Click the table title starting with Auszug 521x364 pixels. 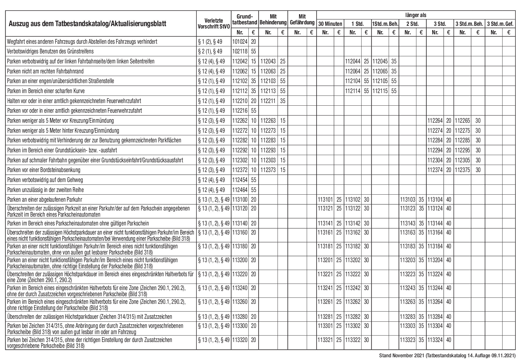[87, 24]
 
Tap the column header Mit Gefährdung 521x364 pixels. [302, 20]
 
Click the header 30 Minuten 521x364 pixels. [330, 24]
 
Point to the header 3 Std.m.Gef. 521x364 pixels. [500, 24]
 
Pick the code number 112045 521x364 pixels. [380, 61]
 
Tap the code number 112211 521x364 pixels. [268, 101]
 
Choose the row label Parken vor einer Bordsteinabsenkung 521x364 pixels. [44, 170]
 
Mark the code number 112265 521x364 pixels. [462, 121]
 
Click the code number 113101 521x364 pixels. [325, 200]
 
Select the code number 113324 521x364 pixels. [435, 340]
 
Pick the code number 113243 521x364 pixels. [408, 288]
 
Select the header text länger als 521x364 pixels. [415, 15]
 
